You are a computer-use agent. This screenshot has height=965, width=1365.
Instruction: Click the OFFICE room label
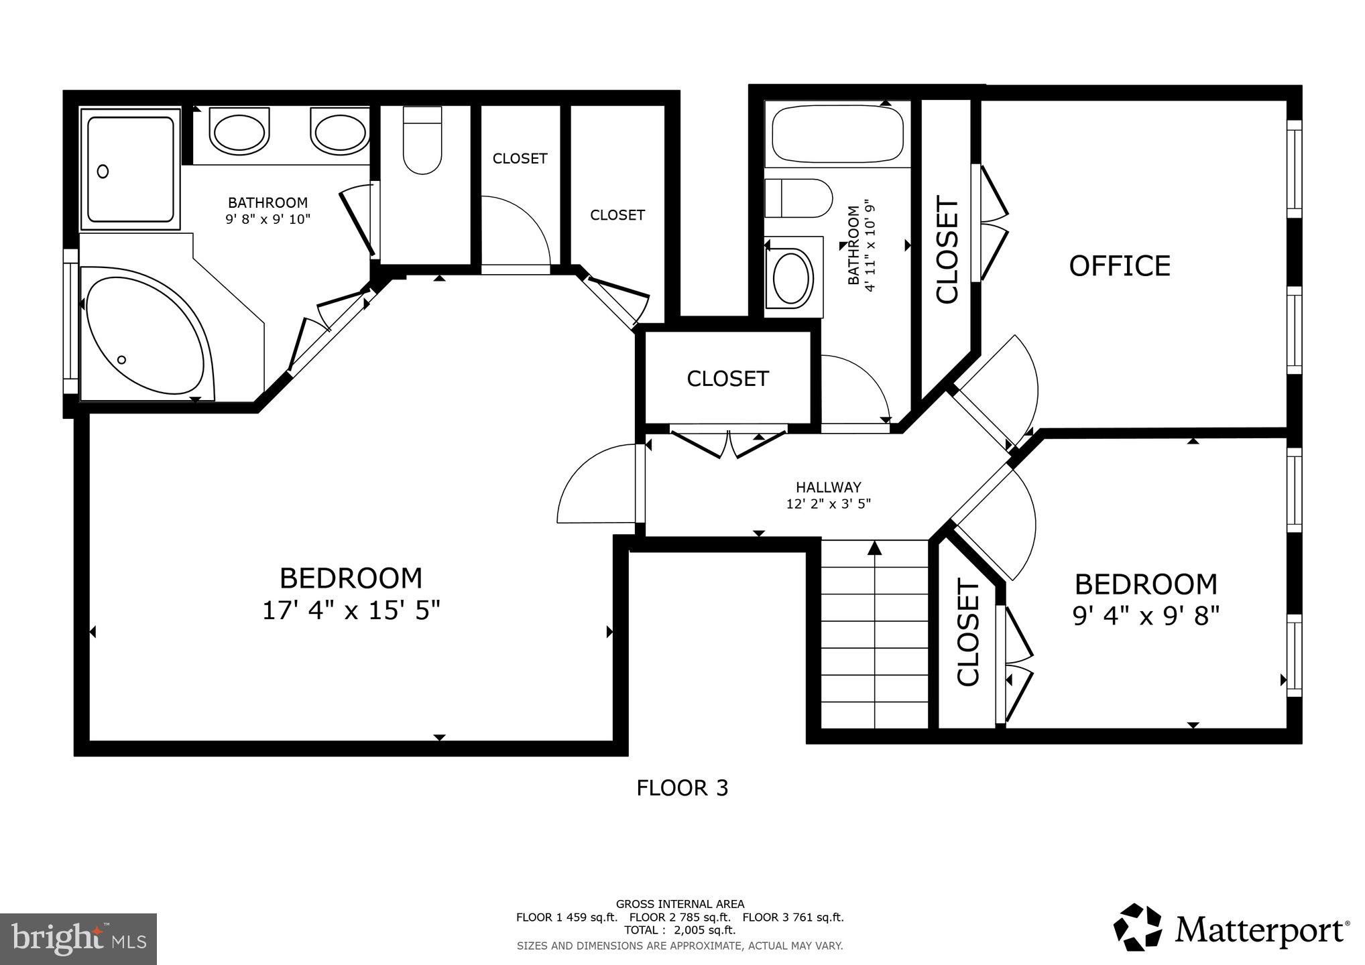[1119, 266]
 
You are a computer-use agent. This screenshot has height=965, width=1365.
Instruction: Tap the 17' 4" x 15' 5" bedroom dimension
[351, 610]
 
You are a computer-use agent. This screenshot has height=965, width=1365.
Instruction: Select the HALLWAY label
[828, 487]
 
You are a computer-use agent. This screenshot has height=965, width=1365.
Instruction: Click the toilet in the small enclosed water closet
[422, 141]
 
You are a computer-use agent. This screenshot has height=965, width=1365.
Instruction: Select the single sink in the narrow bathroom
[793, 277]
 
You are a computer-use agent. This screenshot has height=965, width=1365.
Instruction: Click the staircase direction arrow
[874, 549]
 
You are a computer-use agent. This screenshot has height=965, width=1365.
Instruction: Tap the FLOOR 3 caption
[682, 788]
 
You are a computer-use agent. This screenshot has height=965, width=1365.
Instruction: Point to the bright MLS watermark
[78, 939]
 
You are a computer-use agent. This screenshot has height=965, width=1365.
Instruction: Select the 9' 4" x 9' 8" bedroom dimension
[1146, 615]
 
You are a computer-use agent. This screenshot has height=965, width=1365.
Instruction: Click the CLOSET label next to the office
[947, 249]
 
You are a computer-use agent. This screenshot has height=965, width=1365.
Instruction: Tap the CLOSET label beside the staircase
[968, 633]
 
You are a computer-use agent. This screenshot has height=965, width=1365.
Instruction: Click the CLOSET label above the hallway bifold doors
[727, 379]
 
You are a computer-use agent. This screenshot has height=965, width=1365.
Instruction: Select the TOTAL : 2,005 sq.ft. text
[680, 930]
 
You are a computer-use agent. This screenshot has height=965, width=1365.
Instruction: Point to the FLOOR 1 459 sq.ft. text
[566, 917]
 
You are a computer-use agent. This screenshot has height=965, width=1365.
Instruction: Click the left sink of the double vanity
[239, 131]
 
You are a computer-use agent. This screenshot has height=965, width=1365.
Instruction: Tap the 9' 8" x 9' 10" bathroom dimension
[268, 218]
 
